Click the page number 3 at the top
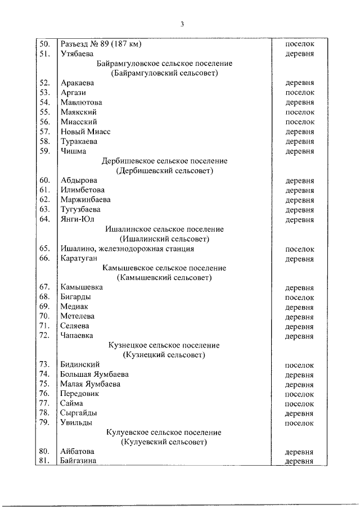[182, 24]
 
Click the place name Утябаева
[77, 54]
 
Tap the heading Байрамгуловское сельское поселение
[165, 64]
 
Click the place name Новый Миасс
[85, 132]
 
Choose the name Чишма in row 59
[73, 151]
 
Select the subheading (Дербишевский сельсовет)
[165, 170]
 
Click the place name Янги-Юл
[77, 219]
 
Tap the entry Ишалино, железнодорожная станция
[127, 248]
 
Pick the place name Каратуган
[79, 258]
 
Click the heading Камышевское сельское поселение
[165, 268]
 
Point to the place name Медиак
[74, 307]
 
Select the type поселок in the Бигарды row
[299, 297]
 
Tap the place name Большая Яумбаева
[94, 375]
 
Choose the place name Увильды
[76, 422]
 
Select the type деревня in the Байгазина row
[299, 461]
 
